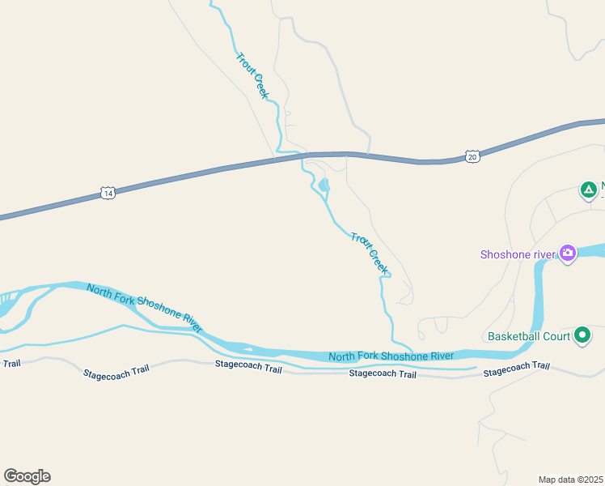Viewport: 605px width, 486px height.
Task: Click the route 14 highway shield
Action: click(108, 193)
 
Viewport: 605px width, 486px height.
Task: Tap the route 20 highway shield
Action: click(472, 156)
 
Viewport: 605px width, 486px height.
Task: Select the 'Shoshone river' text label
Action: click(518, 254)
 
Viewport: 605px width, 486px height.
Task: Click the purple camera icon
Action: click(568, 254)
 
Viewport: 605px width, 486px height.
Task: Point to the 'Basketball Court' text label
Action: click(527, 335)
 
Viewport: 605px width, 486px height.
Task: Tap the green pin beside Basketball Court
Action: click(582, 335)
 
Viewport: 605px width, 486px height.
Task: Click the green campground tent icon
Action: click(589, 190)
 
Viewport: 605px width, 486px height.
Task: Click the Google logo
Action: click(27, 475)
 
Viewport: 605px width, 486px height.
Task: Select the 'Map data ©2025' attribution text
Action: click(570, 480)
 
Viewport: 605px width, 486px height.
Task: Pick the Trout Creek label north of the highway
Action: click(252, 75)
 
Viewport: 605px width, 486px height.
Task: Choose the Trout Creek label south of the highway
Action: click(369, 252)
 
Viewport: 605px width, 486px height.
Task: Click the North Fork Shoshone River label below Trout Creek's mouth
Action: click(391, 356)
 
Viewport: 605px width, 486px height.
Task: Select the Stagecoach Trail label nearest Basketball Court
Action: click(516, 369)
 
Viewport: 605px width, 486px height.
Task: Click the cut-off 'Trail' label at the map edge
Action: click(11, 363)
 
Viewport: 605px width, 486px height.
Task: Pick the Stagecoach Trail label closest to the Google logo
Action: click(116, 373)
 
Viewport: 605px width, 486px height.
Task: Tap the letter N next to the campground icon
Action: click(603, 185)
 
